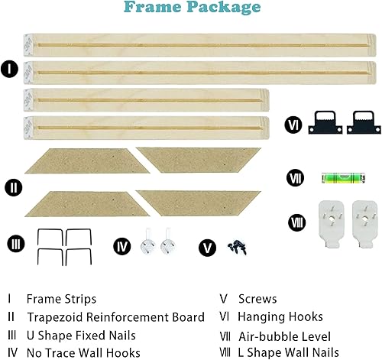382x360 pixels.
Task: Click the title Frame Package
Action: [190, 8]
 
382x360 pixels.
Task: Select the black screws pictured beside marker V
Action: [233, 246]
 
